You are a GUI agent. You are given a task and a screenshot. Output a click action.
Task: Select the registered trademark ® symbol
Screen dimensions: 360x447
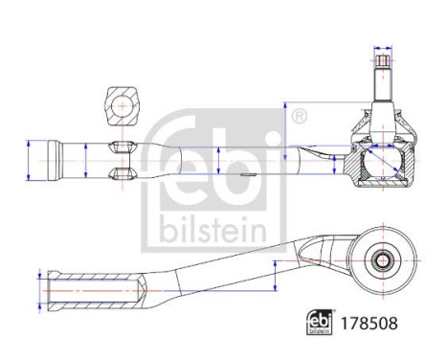pos(298,117)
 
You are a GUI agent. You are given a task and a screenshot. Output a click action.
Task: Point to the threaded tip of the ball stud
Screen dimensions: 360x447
pos(383,70)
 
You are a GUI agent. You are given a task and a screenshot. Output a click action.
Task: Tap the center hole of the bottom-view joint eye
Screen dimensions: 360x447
pos(382,259)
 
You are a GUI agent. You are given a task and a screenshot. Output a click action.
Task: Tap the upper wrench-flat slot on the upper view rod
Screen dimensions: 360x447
pos(122,146)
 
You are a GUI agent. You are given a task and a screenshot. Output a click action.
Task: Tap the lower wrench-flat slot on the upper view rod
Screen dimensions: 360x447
pos(122,172)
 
